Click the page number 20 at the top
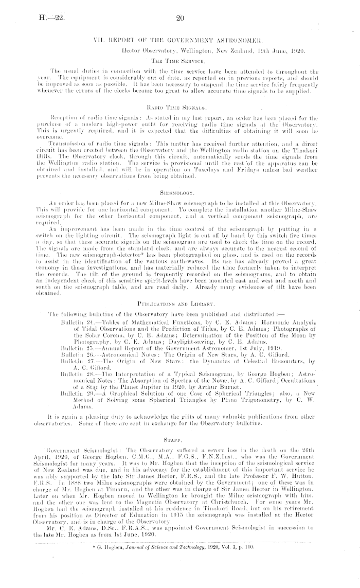point(180,19)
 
